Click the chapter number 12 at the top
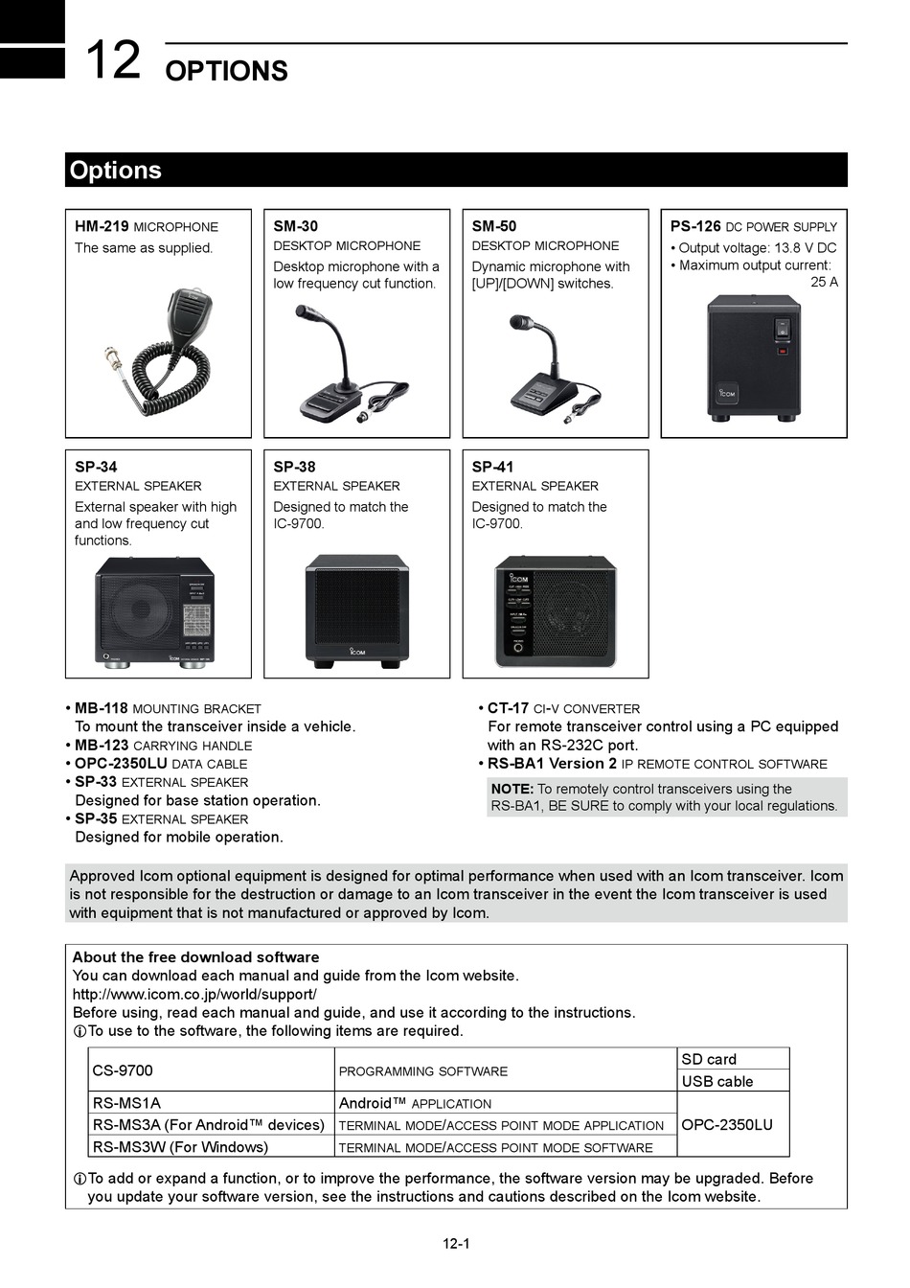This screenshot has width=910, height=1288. click(x=112, y=61)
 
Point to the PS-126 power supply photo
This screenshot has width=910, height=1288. click(x=754, y=356)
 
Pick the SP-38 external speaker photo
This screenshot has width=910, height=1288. click(x=356, y=610)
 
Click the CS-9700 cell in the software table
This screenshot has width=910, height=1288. click(x=123, y=1070)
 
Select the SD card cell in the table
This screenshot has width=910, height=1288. click(x=709, y=1059)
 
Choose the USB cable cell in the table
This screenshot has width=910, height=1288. click(x=717, y=1081)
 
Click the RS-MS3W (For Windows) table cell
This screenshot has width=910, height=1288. click(x=180, y=1147)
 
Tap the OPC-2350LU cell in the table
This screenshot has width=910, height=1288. click(x=727, y=1125)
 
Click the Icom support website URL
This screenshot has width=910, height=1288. click(x=194, y=994)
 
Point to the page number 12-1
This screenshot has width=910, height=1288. click(x=456, y=1244)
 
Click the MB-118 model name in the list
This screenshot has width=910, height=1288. click(x=102, y=708)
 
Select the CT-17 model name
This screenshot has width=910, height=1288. click(x=508, y=708)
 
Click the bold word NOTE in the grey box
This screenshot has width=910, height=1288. click(x=512, y=789)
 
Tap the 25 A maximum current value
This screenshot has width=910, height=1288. click(x=824, y=282)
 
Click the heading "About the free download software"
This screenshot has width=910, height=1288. click(x=195, y=956)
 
